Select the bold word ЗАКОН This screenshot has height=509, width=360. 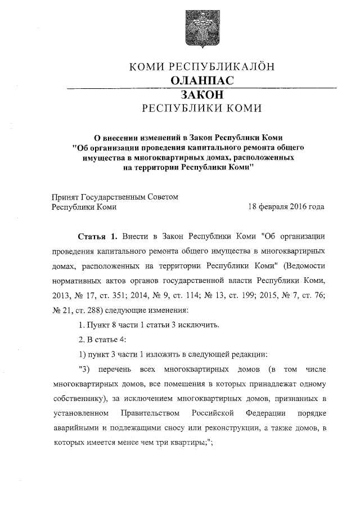coord(202,94)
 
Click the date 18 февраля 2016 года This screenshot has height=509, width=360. coord(286,206)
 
